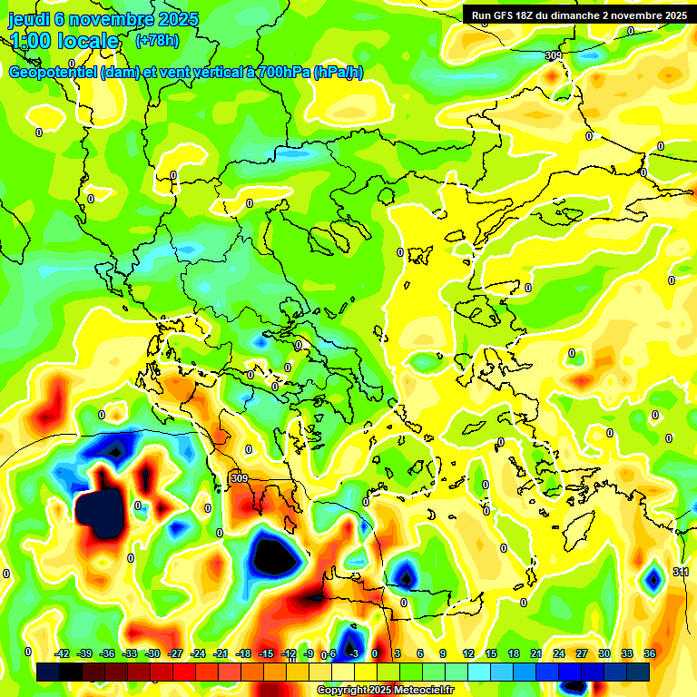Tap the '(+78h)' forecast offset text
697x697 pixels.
click(157, 40)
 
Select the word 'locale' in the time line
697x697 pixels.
click(85, 41)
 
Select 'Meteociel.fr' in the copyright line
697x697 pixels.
click(417, 691)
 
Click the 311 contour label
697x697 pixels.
click(682, 572)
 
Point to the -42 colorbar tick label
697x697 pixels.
click(62, 653)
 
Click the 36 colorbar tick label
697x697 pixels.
click(650, 653)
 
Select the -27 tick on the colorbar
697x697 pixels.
click(175, 653)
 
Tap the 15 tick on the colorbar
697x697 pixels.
click(490, 653)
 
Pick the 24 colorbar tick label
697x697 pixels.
click(559, 653)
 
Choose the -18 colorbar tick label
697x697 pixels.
click(243, 653)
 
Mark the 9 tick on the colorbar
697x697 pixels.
click(444, 653)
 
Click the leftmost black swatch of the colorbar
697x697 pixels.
click(48, 672)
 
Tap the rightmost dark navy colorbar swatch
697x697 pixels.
click(638, 672)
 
